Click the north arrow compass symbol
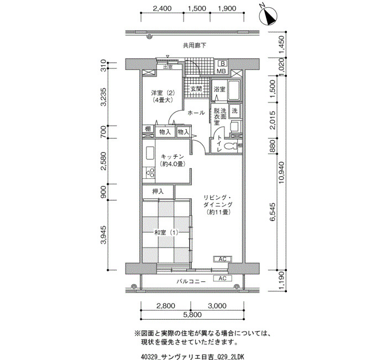click(268, 16)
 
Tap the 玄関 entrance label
click(196, 89)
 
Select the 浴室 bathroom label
click(219, 89)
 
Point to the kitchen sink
click(150, 153)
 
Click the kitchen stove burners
click(150, 173)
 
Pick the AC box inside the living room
click(222, 259)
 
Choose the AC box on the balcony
click(222, 279)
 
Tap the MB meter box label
click(221, 71)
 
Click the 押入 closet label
click(158, 192)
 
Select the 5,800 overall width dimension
click(192, 315)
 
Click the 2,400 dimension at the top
click(162, 8)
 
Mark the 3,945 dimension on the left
click(104, 235)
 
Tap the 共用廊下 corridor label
click(195, 45)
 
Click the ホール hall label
click(196, 113)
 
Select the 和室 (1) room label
click(166, 233)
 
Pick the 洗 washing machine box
click(234, 111)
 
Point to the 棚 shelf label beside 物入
click(148, 129)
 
